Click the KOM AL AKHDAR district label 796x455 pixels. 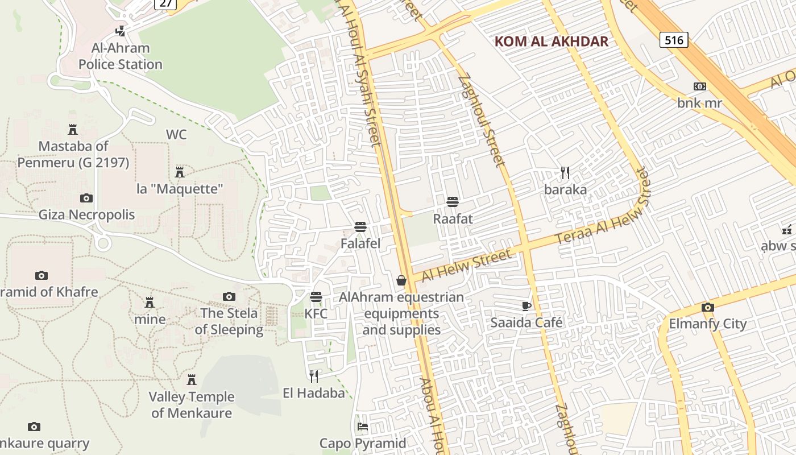coord(551,42)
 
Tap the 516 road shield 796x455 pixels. coord(674,39)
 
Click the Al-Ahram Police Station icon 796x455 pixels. coord(120,31)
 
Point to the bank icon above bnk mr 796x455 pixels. coord(699,86)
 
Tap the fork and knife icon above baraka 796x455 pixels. coord(565,172)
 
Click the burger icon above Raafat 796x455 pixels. coord(453,202)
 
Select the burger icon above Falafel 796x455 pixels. coord(360,227)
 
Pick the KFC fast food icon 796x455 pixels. coord(316,297)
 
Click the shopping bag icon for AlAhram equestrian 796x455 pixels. coord(401,280)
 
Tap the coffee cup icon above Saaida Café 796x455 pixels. coord(526,306)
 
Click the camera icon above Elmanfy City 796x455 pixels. coord(707,307)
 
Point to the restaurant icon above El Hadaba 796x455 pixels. coord(313,375)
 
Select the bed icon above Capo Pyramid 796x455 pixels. coord(362,426)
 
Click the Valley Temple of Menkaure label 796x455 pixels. coord(191,405)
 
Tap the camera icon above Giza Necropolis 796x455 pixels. coord(86,198)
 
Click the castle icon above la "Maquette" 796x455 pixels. coord(180,172)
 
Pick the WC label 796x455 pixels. coord(176,135)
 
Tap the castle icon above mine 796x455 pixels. coord(150,302)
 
